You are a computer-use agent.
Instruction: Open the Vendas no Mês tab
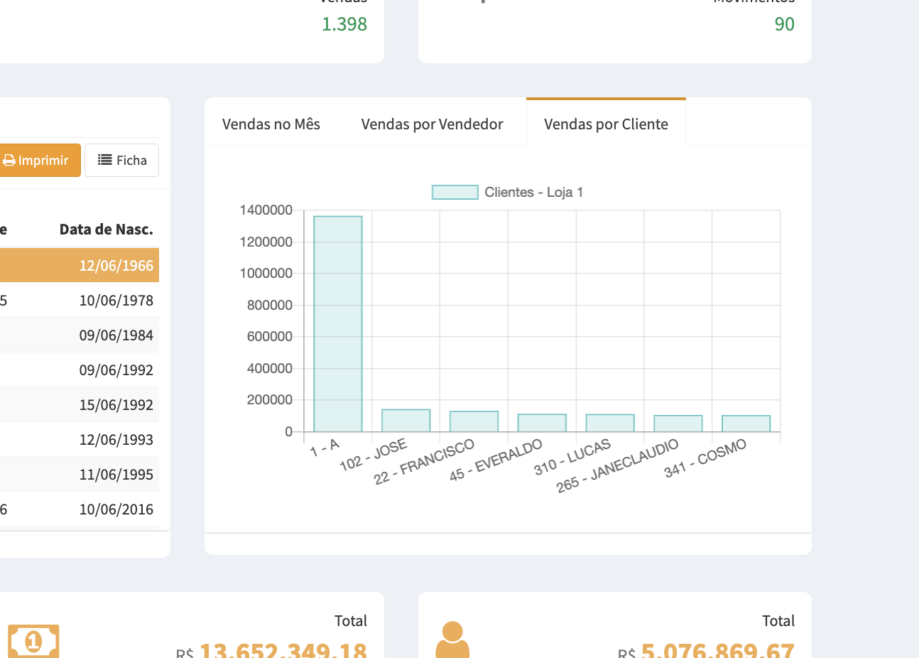click(271, 124)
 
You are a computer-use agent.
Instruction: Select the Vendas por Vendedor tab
click(432, 124)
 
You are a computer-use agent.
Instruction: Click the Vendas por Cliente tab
click(606, 124)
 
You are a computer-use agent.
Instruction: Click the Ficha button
click(121, 161)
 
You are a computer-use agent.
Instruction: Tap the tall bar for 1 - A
click(338, 323)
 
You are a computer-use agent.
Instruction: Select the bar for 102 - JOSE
click(406, 421)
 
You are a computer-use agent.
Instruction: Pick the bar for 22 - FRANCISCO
click(474, 421)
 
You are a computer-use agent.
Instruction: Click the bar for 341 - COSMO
click(746, 424)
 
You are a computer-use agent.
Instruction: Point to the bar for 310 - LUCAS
click(610, 423)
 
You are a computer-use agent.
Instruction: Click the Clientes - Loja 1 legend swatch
click(455, 193)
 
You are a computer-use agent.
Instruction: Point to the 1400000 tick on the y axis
click(266, 210)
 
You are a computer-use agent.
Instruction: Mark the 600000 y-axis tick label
click(270, 337)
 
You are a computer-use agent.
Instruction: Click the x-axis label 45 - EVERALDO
click(496, 460)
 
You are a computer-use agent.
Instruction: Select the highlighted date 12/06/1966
click(116, 266)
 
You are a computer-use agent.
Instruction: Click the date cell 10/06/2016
click(116, 509)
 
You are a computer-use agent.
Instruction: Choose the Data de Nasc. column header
click(106, 230)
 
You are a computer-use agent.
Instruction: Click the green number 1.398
click(344, 24)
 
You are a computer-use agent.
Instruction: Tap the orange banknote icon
click(33, 642)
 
